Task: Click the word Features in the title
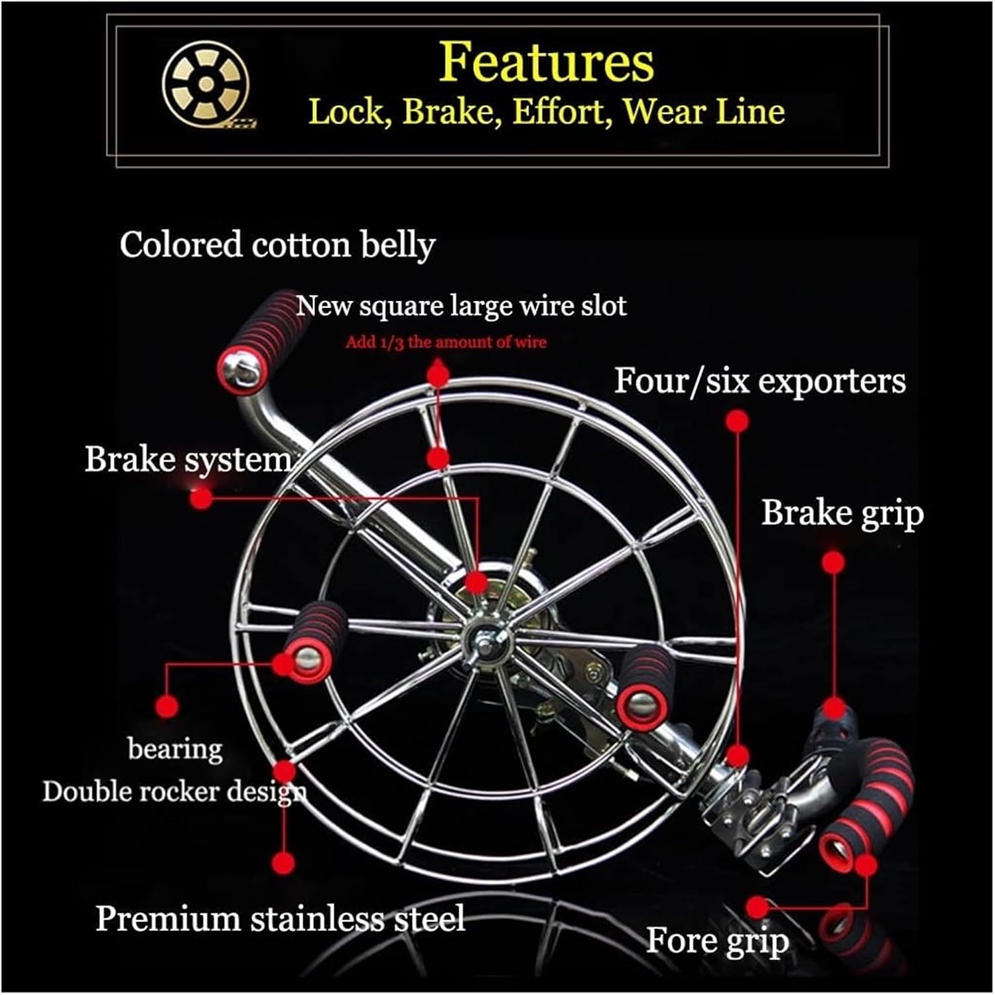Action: [546, 62]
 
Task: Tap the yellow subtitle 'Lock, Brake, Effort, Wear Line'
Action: [546, 111]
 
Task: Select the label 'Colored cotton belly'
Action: [277, 245]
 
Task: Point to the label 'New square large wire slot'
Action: [461, 306]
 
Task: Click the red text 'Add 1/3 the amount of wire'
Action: [446, 342]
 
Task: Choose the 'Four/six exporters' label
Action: [760, 381]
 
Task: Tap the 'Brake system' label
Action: [188, 459]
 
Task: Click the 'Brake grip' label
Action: [842, 513]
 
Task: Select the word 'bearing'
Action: [175, 749]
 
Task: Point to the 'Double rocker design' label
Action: [174, 791]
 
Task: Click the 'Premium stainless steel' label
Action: [280, 919]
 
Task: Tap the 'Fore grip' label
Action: [717, 940]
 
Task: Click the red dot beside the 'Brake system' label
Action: [201, 498]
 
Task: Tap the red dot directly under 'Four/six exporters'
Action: [737, 421]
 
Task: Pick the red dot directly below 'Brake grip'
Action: [833, 563]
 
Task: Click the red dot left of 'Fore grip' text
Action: [757, 907]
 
